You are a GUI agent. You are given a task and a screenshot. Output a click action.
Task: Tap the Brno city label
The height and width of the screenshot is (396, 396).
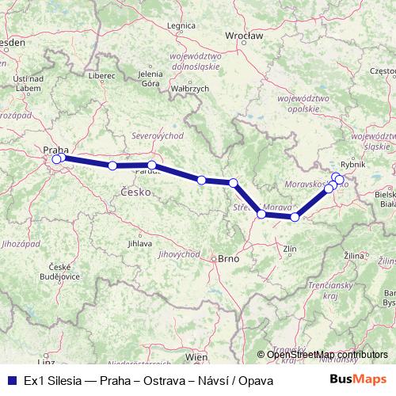(228, 258)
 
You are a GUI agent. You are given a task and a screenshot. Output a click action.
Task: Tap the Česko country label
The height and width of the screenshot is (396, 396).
(133, 192)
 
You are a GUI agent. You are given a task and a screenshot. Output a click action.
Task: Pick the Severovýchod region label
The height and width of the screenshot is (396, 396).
(152, 135)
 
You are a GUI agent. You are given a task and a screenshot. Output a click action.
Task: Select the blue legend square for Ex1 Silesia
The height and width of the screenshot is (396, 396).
(10, 359)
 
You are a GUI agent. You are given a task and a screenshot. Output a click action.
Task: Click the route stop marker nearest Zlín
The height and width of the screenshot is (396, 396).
(295, 217)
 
